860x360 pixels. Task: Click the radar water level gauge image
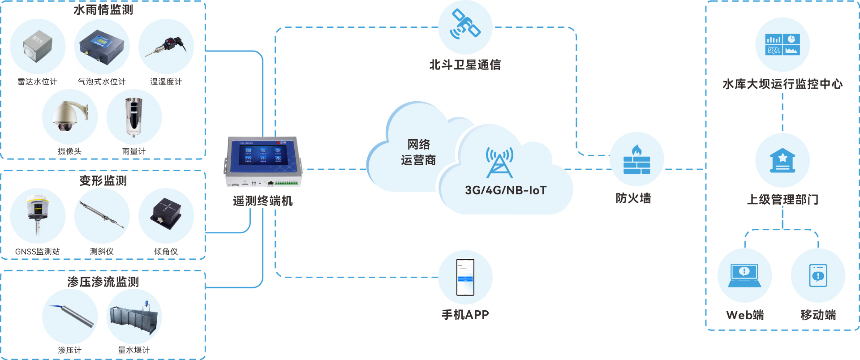(x=38, y=46)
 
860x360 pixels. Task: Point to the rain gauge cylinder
(x=133, y=117)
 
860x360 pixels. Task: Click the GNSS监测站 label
(x=38, y=252)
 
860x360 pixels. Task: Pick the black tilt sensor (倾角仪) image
(x=166, y=214)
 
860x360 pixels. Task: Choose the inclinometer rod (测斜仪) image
(x=102, y=215)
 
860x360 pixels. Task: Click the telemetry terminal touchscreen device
(x=263, y=162)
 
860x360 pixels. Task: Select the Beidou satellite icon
(x=465, y=25)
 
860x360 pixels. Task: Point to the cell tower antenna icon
(x=499, y=162)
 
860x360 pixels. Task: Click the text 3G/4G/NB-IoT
(x=506, y=190)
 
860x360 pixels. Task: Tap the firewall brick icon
(x=636, y=160)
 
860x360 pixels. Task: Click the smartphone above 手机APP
(x=465, y=277)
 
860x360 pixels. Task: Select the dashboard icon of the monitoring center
(x=783, y=44)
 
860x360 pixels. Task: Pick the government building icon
(x=783, y=160)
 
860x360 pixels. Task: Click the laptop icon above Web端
(x=744, y=275)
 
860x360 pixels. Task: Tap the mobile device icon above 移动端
(x=818, y=275)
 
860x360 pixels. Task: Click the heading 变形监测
(x=103, y=181)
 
